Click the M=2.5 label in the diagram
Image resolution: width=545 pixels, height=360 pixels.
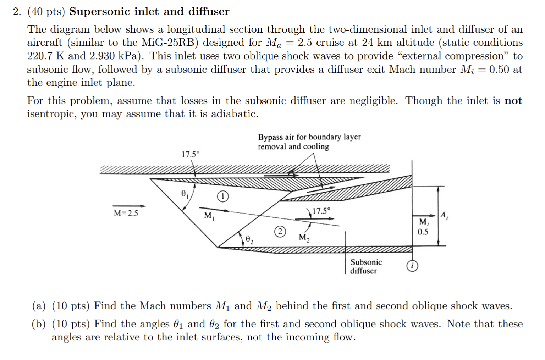126,213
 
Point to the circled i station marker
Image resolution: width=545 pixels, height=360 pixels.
412,266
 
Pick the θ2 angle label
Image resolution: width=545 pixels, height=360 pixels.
249,240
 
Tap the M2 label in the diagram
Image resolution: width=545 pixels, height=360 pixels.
304,237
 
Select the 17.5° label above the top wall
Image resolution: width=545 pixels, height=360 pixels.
191,154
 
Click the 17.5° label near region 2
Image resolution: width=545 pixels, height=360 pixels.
321,211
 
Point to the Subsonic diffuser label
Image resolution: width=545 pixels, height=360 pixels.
366,266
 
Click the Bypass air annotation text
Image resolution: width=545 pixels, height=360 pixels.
309,142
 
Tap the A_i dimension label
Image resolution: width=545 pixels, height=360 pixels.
444,216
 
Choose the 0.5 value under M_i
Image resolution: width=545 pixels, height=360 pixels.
423,232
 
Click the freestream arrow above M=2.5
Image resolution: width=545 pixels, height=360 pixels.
129,206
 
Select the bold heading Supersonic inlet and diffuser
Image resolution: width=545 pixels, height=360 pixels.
149,11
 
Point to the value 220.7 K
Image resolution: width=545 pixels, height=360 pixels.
46,56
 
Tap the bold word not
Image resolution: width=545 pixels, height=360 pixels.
513,101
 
